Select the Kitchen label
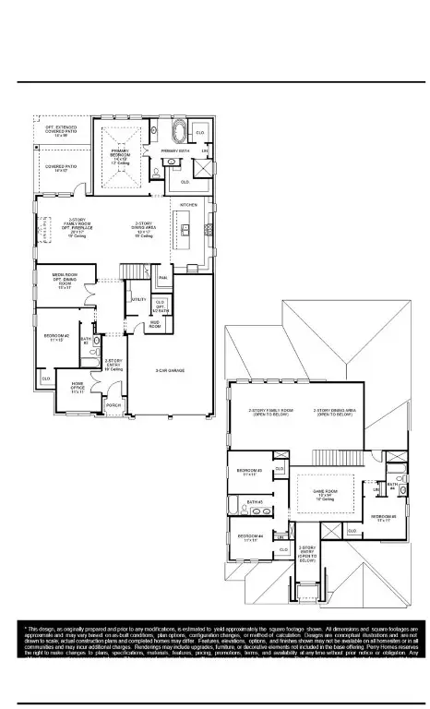coord(188,204)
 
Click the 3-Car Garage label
coord(171,370)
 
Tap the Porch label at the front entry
coord(113,405)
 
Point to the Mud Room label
coord(155,325)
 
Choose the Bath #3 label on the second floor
coord(256,502)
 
